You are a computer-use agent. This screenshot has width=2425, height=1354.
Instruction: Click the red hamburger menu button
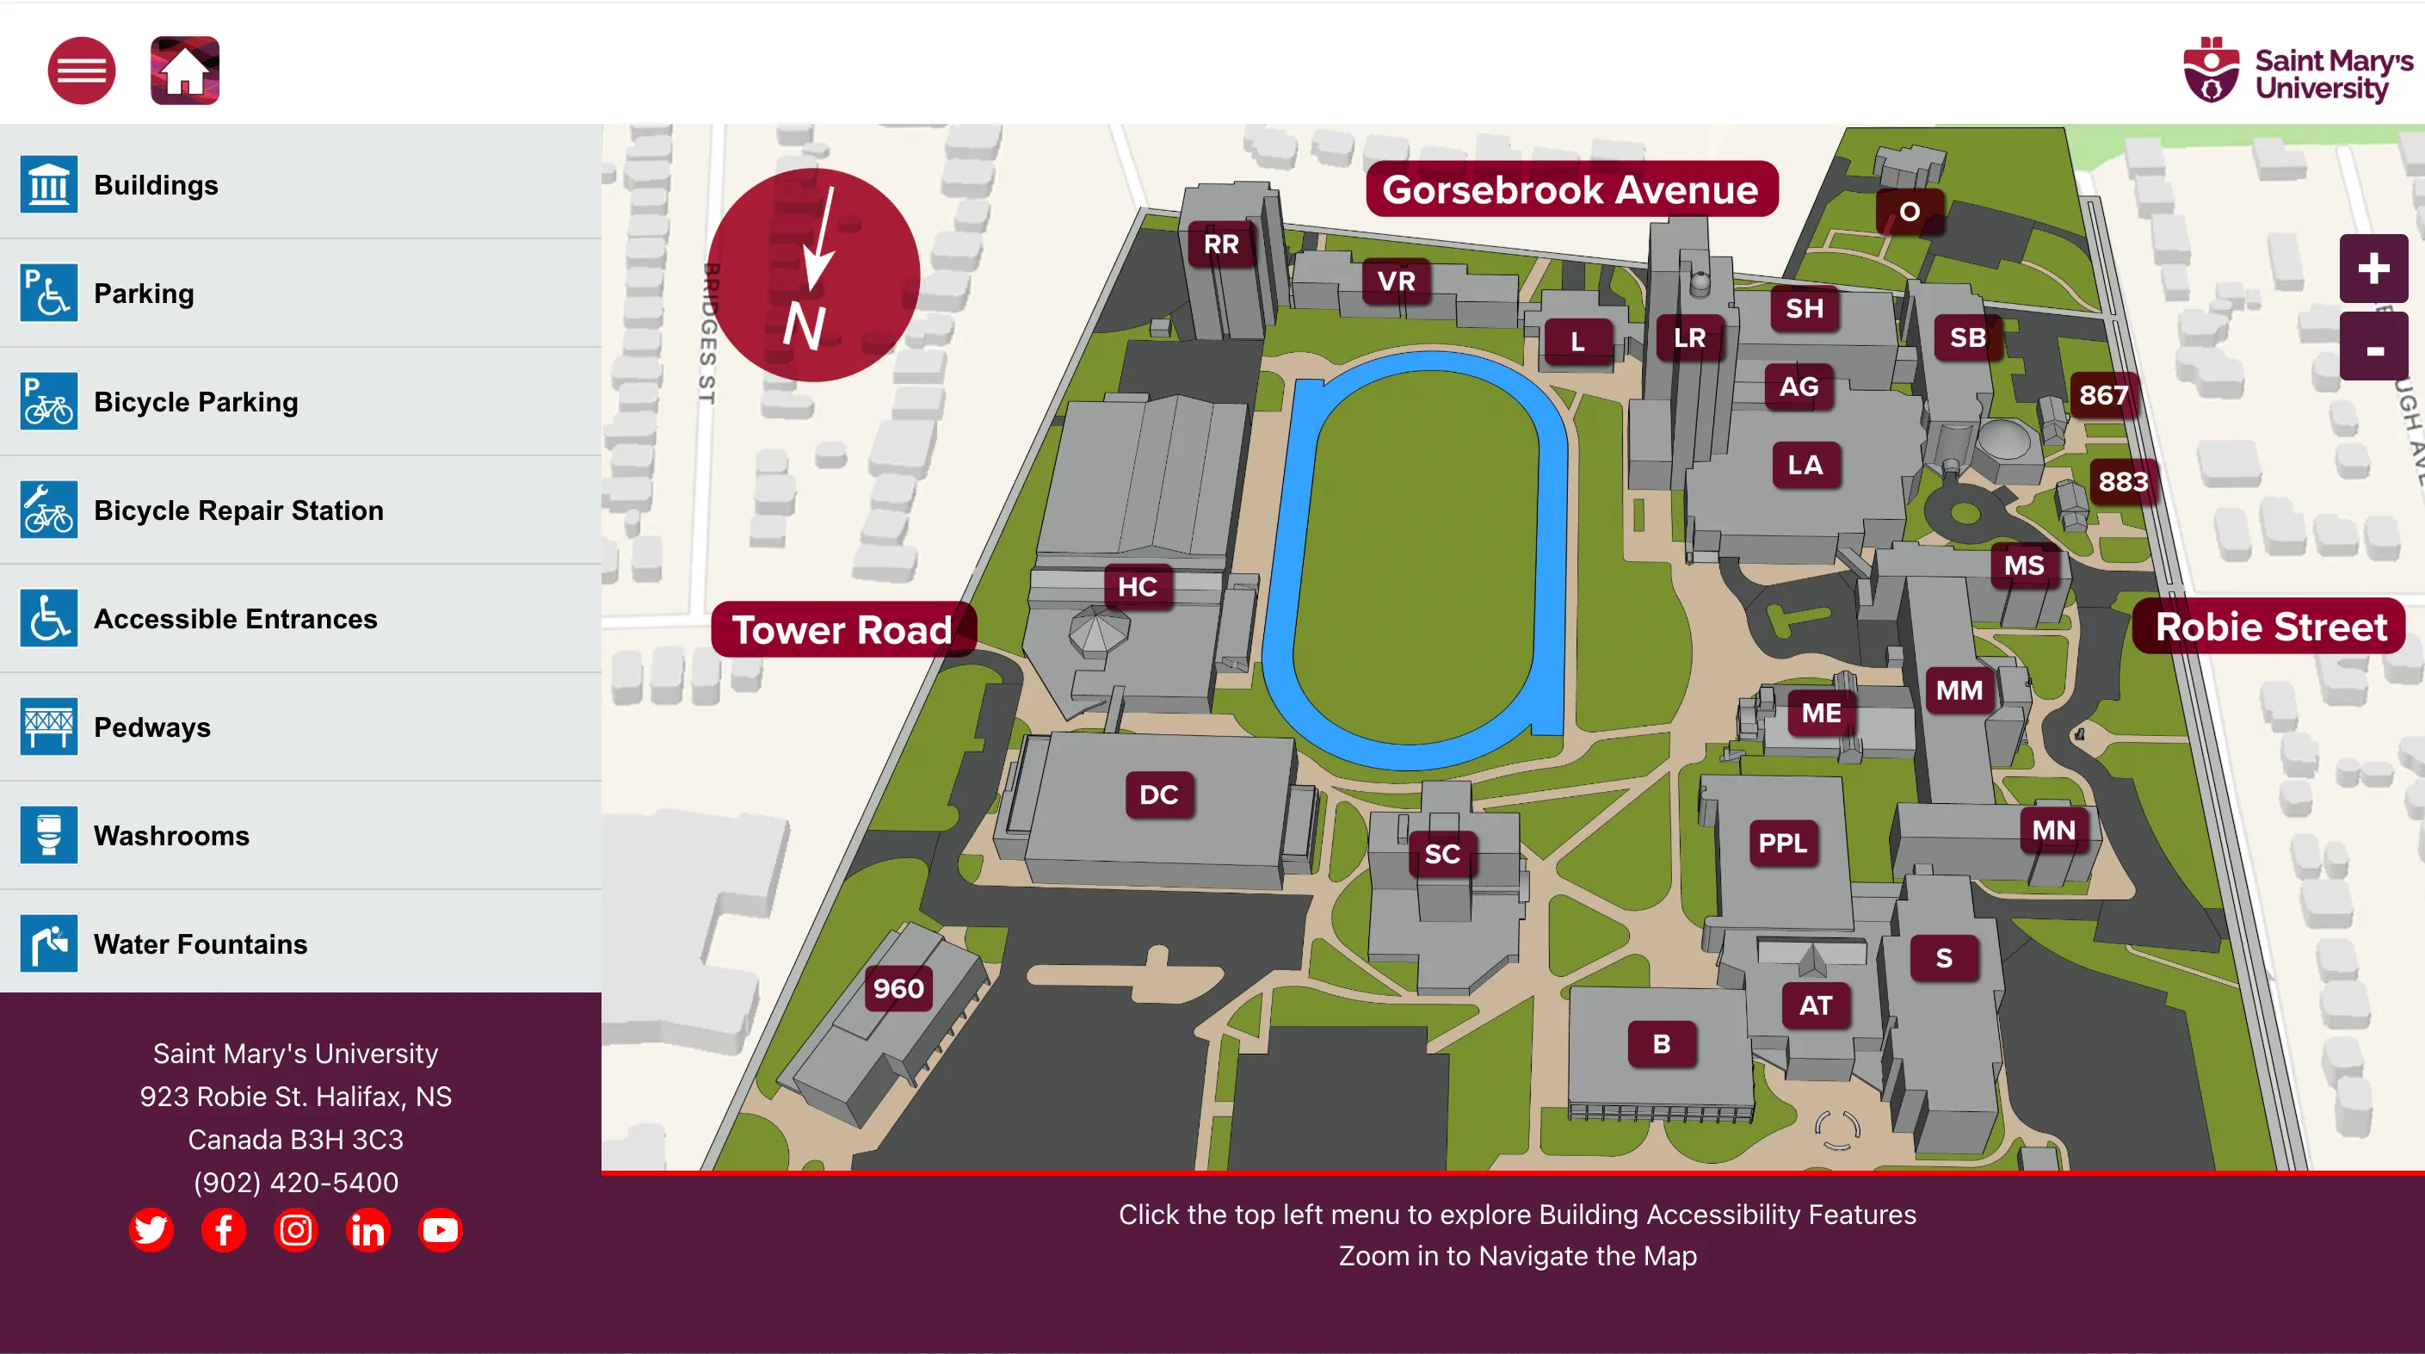(x=82, y=71)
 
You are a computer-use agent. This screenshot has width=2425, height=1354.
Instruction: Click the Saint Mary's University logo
(x=2297, y=71)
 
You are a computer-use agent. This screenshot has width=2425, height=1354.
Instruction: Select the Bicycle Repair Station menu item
(x=238, y=510)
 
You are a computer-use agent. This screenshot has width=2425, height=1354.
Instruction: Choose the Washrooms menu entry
(x=171, y=836)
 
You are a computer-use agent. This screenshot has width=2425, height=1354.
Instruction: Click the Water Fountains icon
(x=49, y=943)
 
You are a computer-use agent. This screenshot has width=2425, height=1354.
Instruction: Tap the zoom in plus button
(x=2373, y=269)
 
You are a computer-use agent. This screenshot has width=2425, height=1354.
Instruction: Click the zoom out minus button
(x=2373, y=349)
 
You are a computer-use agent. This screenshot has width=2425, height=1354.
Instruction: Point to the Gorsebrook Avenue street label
(x=1570, y=190)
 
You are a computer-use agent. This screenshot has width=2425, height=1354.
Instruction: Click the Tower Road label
(x=842, y=630)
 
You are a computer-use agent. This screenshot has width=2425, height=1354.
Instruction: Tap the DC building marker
(x=1159, y=794)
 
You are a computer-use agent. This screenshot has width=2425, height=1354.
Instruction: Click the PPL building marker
(x=1782, y=843)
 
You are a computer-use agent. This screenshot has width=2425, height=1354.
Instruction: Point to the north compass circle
(x=813, y=275)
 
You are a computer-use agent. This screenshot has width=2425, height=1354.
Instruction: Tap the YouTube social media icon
(x=440, y=1230)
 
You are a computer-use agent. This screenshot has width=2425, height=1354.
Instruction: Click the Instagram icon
(x=295, y=1230)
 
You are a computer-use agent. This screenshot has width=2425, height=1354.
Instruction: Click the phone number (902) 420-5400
(x=295, y=1183)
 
